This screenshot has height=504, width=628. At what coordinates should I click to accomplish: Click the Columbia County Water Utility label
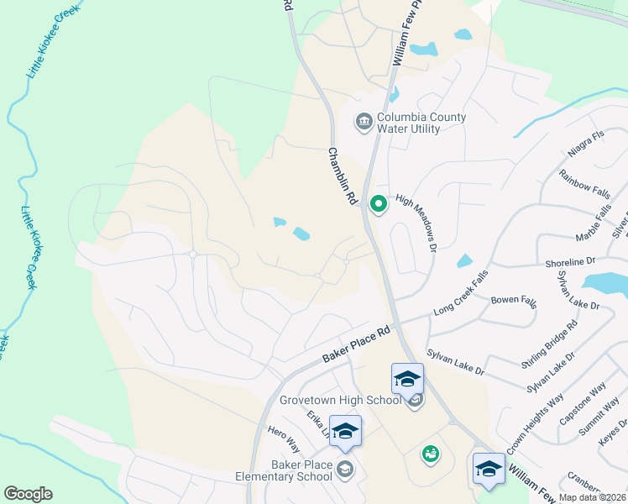(421, 123)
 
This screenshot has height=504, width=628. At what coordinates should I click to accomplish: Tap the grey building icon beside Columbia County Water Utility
(364, 123)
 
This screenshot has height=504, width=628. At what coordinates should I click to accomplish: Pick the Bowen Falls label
(514, 300)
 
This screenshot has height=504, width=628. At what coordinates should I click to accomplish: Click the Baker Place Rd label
(358, 345)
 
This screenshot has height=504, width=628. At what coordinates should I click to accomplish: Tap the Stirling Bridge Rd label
(549, 344)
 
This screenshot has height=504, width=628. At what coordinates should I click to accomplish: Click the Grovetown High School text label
(340, 400)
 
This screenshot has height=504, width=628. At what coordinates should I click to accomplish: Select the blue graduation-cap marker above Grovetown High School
(407, 379)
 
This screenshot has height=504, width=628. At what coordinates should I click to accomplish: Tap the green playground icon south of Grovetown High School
(430, 454)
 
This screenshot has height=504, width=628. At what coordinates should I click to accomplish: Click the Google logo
(28, 494)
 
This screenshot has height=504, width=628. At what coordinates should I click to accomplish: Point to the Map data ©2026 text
(592, 497)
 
